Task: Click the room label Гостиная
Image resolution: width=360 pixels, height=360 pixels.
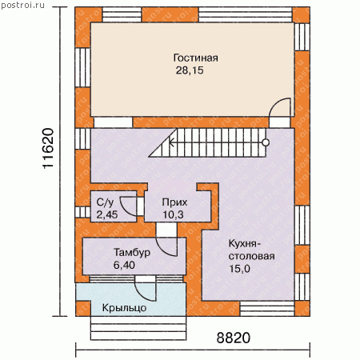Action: (x=195, y=58)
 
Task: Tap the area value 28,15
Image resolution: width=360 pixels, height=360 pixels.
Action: (x=190, y=70)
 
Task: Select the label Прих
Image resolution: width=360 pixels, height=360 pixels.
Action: (x=174, y=202)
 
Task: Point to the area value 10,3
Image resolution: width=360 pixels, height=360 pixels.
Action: (x=174, y=214)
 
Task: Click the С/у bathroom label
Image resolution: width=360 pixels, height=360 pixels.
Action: (x=106, y=202)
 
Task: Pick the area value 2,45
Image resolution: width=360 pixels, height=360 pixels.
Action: (x=107, y=214)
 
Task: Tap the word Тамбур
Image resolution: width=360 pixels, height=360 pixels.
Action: (x=132, y=253)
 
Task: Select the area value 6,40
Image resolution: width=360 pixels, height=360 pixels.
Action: (x=124, y=265)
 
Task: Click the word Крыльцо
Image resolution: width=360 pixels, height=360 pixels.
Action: (x=124, y=308)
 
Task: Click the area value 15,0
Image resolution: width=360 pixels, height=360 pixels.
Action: (x=240, y=269)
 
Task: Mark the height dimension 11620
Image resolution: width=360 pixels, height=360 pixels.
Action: (x=48, y=148)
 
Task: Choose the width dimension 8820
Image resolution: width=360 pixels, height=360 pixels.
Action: (x=234, y=338)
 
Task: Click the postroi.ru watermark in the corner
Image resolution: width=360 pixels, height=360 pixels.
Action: (x=22, y=5)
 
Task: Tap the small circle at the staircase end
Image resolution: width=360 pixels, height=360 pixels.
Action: (x=266, y=142)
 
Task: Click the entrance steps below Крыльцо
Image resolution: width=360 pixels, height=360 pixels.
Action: (x=138, y=328)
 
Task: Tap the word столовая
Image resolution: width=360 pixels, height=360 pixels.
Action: (x=251, y=256)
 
